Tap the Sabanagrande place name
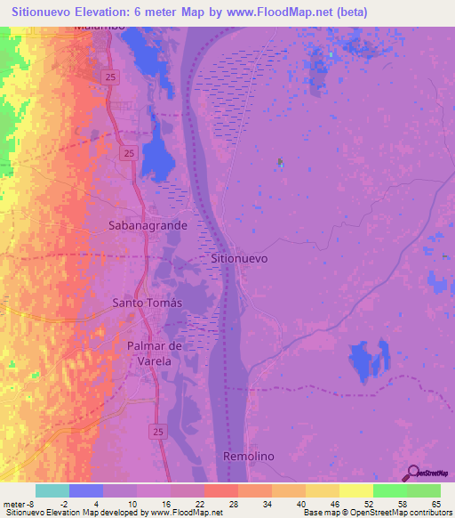pyautogui.click(x=148, y=225)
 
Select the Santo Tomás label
pyautogui.click(x=147, y=303)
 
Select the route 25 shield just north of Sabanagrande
pyautogui.click(x=129, y=154)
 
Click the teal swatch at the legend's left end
pyautogui.click(x=52, y=490)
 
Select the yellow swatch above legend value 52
pyautogui.click(x=355, y=490)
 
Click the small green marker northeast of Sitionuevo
pyautogui.click(x=281, y=162)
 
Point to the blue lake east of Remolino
pyautogui.click(x=370, y=360)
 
